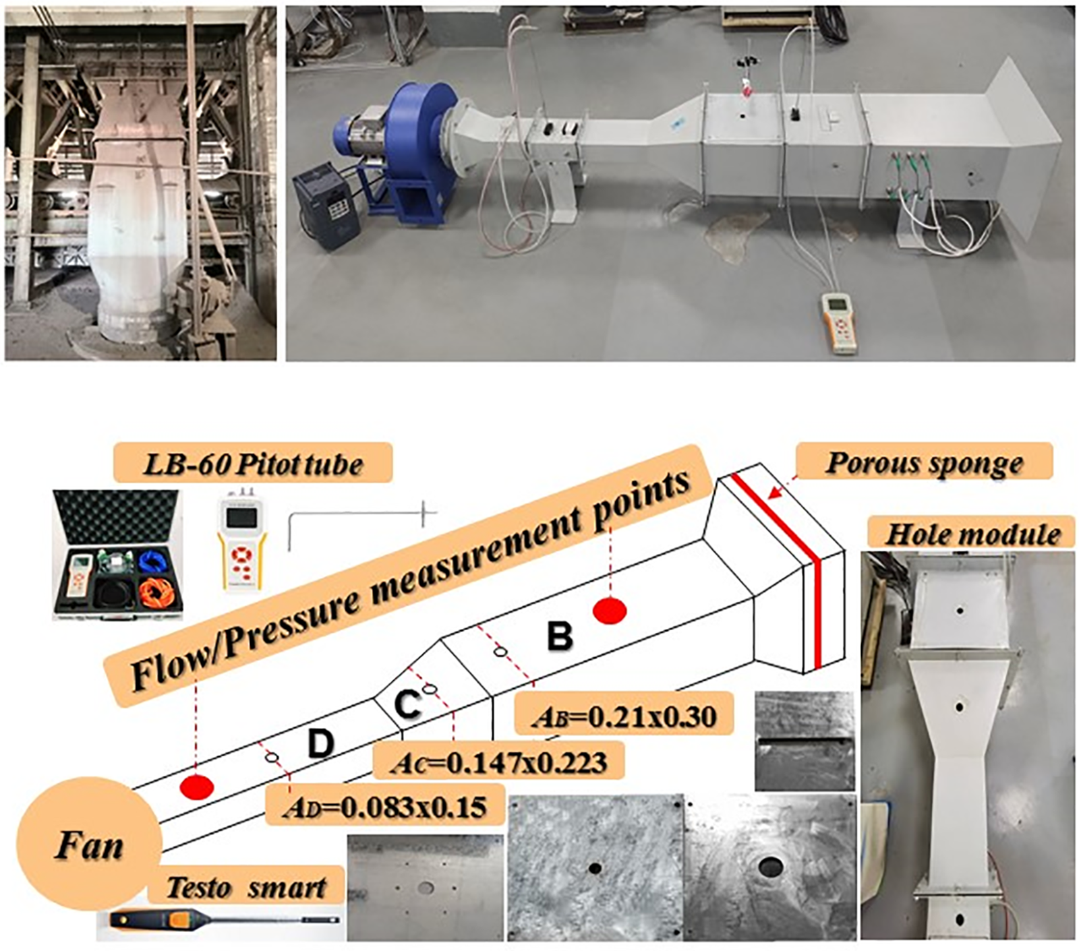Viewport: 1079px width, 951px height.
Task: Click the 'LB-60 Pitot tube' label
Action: [x=253, y=463]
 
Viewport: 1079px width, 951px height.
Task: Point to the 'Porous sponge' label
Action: [x=925, y=463]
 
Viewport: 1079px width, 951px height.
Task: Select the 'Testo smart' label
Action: [x=246, y=887]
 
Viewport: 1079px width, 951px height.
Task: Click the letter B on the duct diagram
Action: [x=559, y=636]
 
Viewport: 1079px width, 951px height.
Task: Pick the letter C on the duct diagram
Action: [x=407, y=704]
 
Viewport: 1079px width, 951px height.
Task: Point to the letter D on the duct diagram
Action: [x=320, y=743]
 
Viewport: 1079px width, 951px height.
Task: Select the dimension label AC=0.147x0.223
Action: [x=500, y=762]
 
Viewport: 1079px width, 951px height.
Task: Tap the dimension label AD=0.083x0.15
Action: [x=385, y=805]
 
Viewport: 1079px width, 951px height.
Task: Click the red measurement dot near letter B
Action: [x=610, y=611]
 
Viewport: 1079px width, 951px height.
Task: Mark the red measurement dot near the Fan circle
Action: [x=197, y=787]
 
